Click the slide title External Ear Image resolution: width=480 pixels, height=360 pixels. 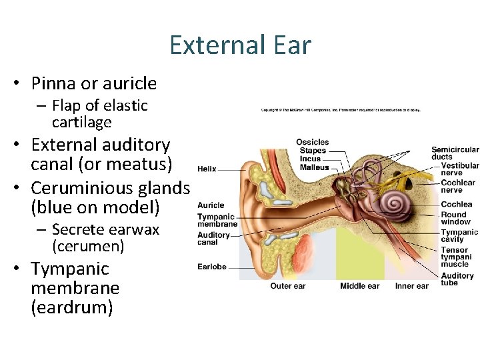(240, 45)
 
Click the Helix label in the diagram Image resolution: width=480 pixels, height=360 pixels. (207, 169)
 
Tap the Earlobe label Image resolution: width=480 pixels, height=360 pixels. (212, 267)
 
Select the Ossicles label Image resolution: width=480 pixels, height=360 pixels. (313, 142)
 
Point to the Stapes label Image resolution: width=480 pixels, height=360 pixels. (313, 151)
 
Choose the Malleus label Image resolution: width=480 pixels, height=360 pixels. (314, 167)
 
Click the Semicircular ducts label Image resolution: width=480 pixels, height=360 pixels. (455, 153)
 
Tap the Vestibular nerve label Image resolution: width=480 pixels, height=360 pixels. (459, 169)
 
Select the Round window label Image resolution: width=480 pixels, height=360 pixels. (455, 218)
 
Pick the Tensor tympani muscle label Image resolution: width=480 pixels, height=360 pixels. (456, 257)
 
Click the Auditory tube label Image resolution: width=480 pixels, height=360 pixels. (457, 279)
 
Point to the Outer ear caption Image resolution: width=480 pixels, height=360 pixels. (288, 286)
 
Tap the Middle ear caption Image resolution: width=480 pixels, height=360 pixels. (359, 286)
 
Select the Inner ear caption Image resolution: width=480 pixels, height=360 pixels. (412, 286)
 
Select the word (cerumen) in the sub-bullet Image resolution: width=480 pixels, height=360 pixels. (88, 247)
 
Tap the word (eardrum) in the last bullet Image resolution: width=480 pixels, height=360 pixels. (72, 308)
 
